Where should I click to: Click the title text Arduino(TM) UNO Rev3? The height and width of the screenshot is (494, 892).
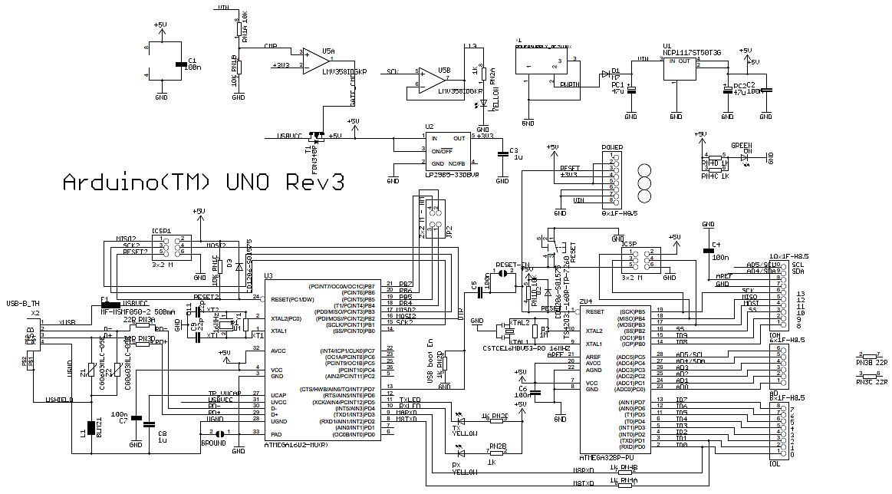[202, 183]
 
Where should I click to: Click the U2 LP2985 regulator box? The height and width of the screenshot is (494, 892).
[448, 151]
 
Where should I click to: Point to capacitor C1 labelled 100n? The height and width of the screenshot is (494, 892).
[180, 67]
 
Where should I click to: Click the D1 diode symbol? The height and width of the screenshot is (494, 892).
[615, 75]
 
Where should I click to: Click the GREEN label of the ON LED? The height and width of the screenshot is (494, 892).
[740, 145]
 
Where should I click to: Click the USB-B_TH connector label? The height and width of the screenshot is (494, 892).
[22, 304]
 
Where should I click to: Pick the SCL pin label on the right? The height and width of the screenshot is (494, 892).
[798, 264]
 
